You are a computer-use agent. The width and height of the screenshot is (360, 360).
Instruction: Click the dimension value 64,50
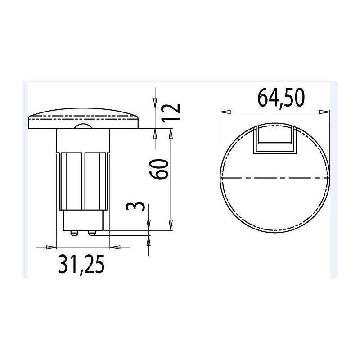[x=281, y=98]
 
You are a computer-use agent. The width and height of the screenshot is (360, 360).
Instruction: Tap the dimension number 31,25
[x=81, y=265]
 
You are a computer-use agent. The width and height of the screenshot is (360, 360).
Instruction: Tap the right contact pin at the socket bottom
[x=92, y=233]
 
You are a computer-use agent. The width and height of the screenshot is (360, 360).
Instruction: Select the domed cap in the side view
[x=84, y=119]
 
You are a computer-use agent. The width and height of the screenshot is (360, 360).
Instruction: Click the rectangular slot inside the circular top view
[x=275, y=139]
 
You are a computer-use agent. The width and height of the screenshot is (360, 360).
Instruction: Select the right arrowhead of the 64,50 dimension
[x=325, y=112]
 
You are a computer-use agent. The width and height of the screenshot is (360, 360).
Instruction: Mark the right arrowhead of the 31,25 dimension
[x=115, y=247]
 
